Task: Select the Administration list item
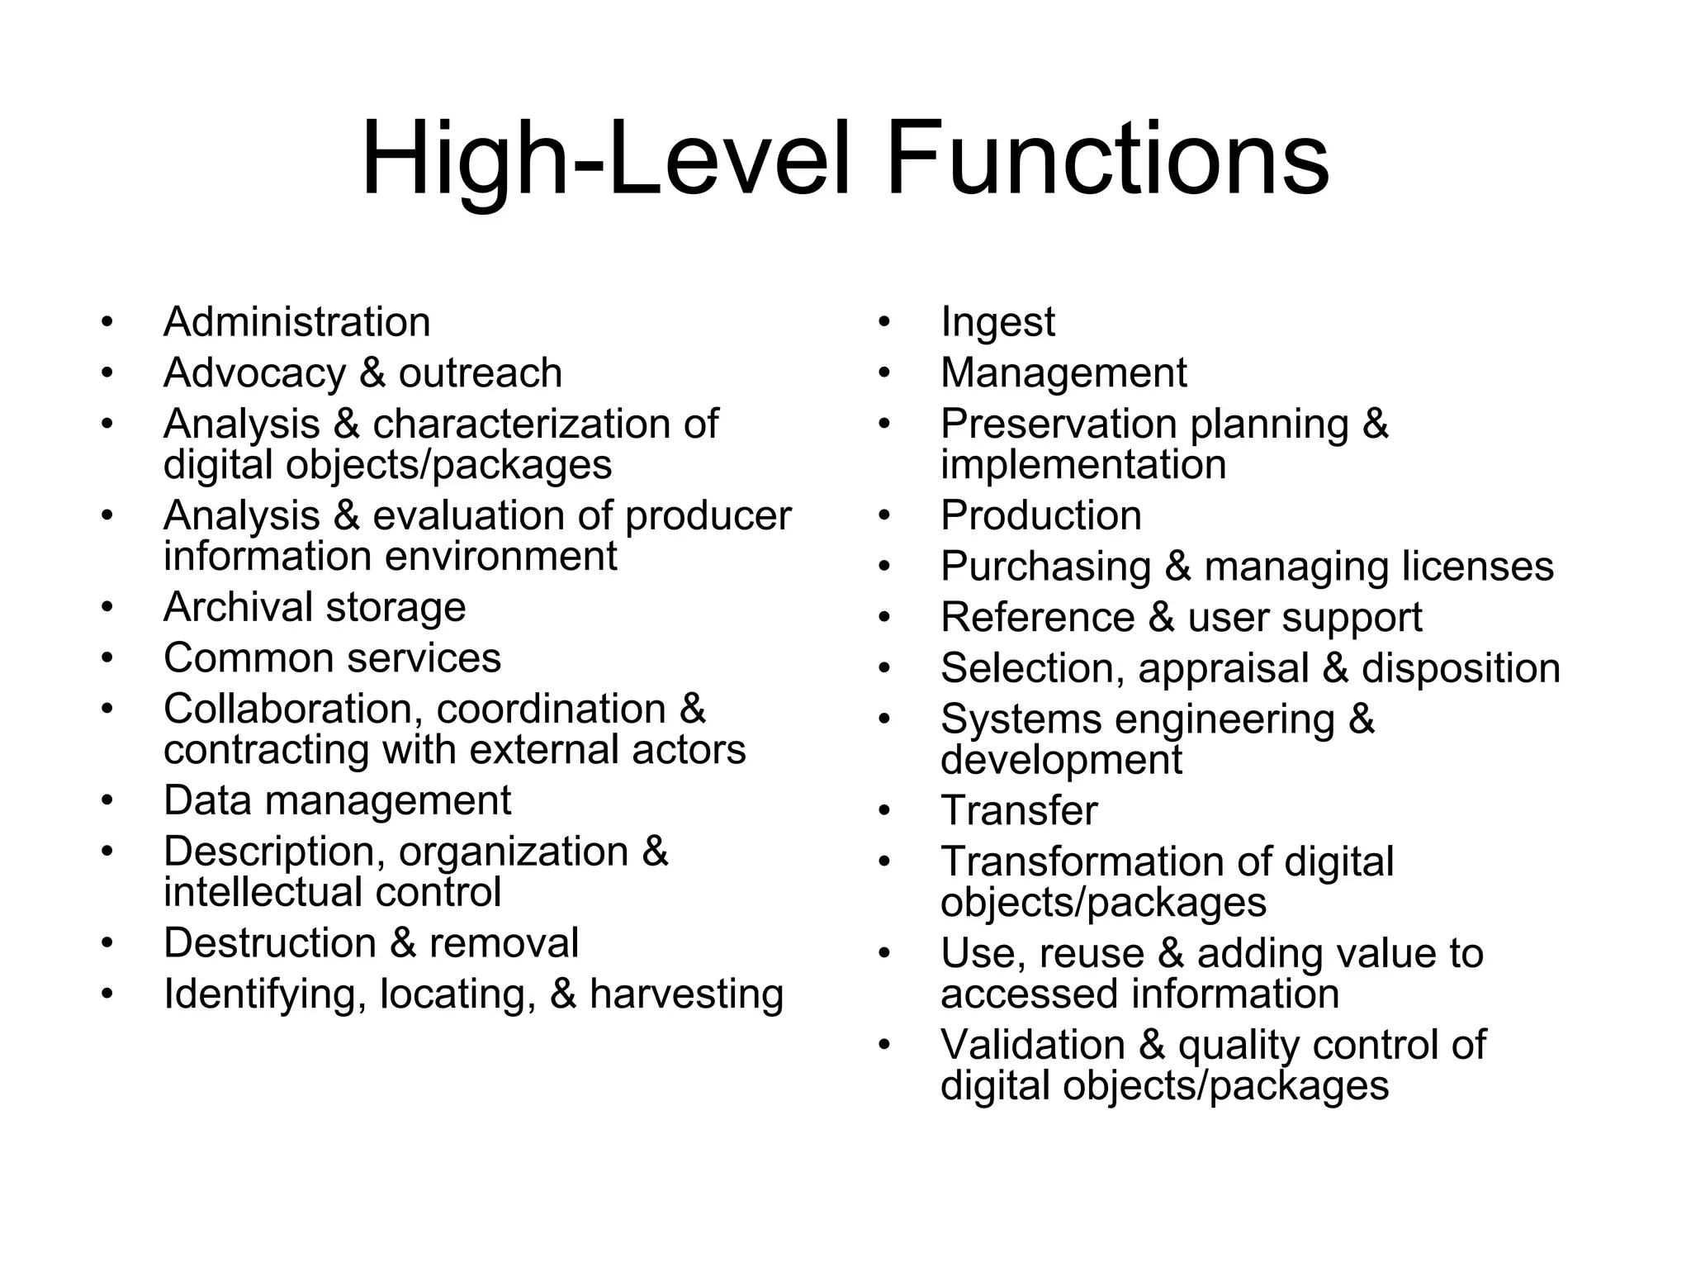[x=296, y=322]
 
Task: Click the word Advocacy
[x=254, y=373]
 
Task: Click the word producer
[x=708, y=517]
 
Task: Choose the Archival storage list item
[x=315, y=608]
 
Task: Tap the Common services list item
[x=332, y=658]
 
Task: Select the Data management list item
[x=337, y=801]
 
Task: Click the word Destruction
[x=270, y=943]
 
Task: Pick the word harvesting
[x=686, y=994]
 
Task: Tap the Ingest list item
[x=997, y=322]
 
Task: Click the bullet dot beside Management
[x=885, y=373]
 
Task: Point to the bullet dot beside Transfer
[x=885, y=811]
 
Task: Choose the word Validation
[x=1032, y=1046]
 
